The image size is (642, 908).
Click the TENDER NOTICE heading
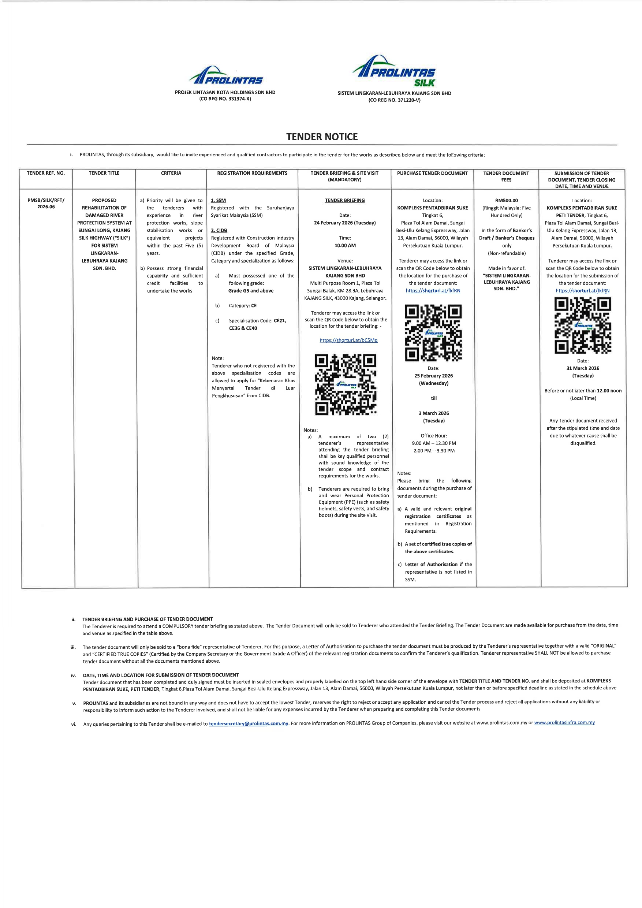(x=322, y=137)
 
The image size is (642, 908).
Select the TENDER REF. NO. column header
(x=46, y=173)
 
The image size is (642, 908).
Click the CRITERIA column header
(x=171, y=173)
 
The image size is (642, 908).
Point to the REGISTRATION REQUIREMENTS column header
(x=252, y=173)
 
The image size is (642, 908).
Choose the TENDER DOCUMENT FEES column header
(x=506, y=176)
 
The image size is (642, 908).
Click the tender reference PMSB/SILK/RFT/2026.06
(x=46, y=204)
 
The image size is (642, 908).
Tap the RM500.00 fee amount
(x=507, y=201)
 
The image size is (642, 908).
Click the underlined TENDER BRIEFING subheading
(x=345, y=201)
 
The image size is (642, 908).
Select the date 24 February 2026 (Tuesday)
(x=345, y=223)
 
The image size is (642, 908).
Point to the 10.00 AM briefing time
(x=345, y=246)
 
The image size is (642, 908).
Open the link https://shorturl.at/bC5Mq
(x=348, y=340)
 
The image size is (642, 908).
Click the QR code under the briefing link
(x=346, y=384)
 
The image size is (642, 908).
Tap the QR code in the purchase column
(x=433, y=332)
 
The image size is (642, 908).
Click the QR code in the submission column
(x=583, y=325)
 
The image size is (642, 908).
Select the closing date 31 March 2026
(x=583, y=368)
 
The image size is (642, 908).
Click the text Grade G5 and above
(x=251, y=291)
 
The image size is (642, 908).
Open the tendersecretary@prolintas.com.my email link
(x=248, y=724)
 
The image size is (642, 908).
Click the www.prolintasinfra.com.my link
(x=564, y=722)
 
